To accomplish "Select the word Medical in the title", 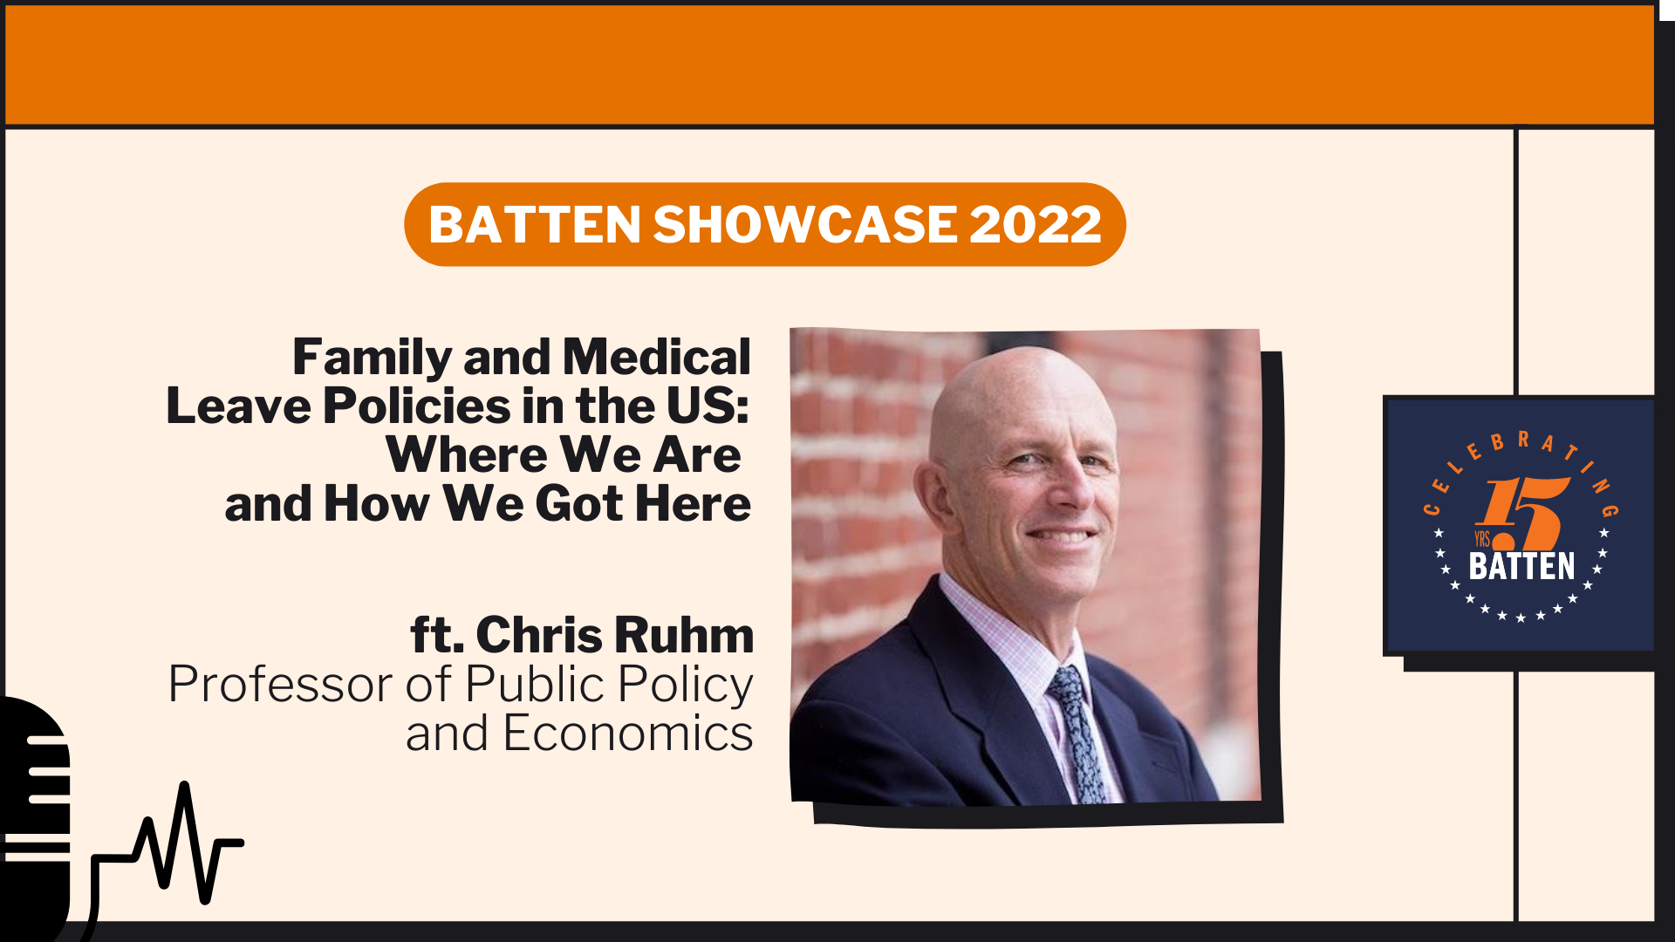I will [656, 358].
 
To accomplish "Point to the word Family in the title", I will [373, 358].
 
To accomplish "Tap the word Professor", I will [280, 685].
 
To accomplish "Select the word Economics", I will [628, 734].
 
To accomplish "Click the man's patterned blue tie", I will [1076, 733].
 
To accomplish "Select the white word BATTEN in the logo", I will [1522, 567].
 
